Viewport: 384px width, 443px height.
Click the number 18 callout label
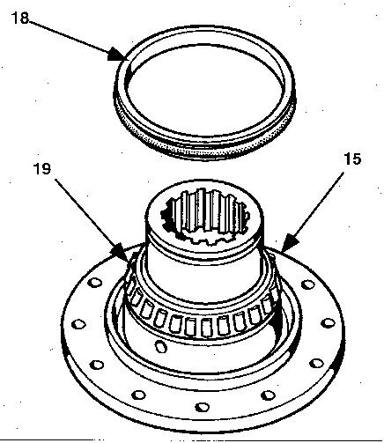pyautogui.click(x=20, y=18)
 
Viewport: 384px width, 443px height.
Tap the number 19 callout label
pyautogui.click(x=42, y=169)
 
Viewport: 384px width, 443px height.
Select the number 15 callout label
pyautogui.click(x=352, y=159)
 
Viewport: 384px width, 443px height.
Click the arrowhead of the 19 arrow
pyautogui.click(x=122, y=252)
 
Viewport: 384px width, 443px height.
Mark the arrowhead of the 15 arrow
pyautogui.click(x=290, y=242)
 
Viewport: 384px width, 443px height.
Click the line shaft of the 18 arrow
pyautogui.click(x=70, y=36)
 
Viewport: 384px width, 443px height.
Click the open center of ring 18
pyautogui.click(x=204, y=90)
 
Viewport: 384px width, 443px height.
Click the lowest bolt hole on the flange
pyautogui.click(x=203, y=407)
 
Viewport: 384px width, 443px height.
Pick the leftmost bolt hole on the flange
pyautogui.click(x=78, y=324)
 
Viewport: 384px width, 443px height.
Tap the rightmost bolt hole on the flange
pyautogui.click(x=328, y=323)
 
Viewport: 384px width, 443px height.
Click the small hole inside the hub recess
pyautogui.click(x=160, y=346)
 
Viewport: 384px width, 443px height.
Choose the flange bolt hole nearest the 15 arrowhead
pyautogui.click(x=308, y=284)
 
